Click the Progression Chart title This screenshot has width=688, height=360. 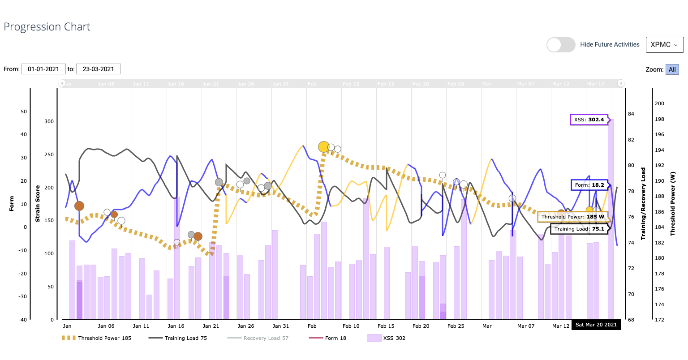coord(47,27)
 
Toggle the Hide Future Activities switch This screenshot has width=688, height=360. coord(561,45)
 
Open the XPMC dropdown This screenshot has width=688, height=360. coord(664,45)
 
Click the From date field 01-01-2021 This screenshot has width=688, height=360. coord(43,69)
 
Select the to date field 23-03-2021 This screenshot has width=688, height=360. coord(99,69)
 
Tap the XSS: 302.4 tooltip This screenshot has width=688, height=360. coord(589,120)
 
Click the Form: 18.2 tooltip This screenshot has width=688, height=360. coord(589,184)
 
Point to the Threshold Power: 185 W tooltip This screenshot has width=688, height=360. coord(572,217)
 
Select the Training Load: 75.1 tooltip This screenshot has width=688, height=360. coord(579,229)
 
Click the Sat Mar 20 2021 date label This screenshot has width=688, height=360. coord(596,325)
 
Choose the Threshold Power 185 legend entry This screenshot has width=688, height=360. coord(96,338)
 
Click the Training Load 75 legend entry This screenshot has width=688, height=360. coord(178,338)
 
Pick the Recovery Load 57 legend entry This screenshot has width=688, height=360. coord(258,338)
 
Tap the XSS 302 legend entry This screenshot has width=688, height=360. coord(386,338)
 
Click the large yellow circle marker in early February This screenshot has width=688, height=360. coord(324,146)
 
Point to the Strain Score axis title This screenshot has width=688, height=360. coord(38,204)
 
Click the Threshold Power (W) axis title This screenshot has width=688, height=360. coord(672,204)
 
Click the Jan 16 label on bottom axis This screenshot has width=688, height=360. coord(176,326)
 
